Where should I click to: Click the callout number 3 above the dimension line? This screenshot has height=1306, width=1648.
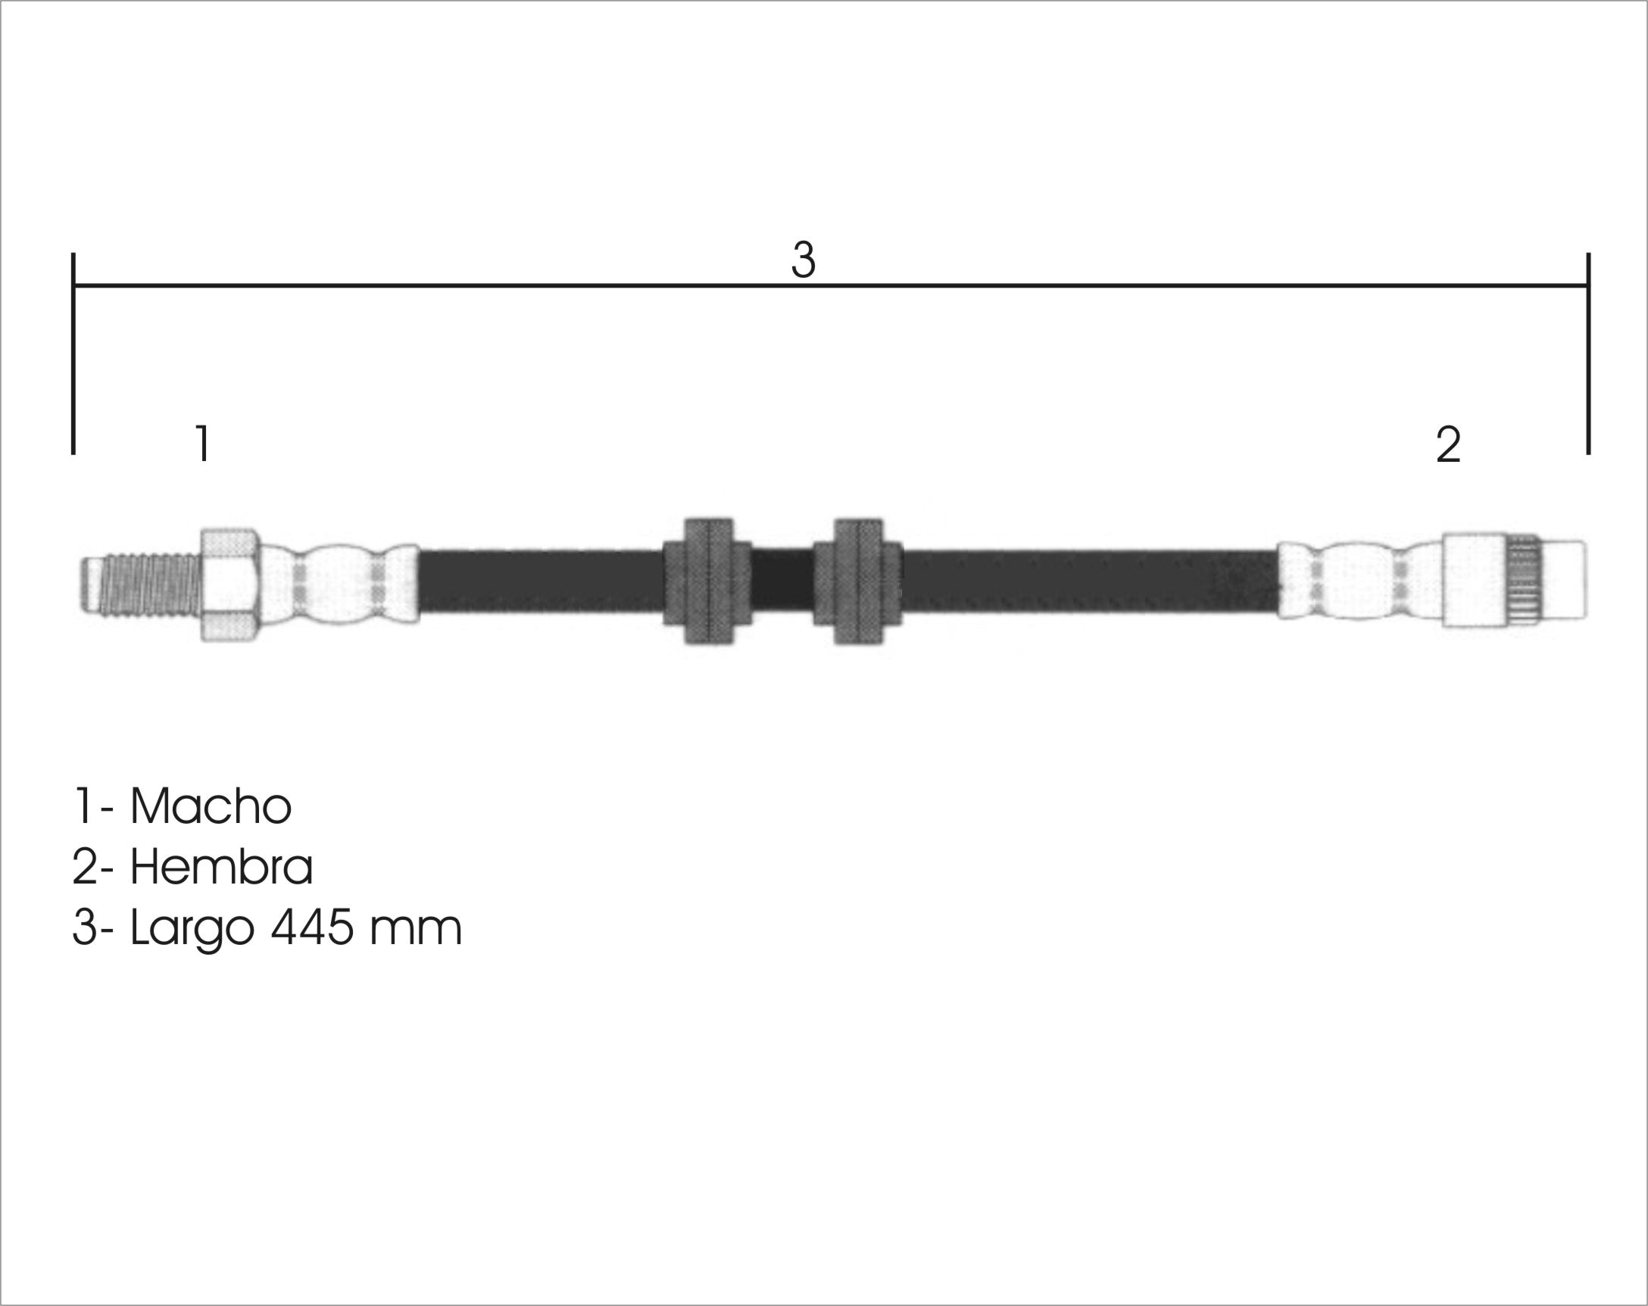click(x=804, y=260)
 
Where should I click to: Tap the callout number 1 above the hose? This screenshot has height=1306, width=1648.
click(x=202, y=443)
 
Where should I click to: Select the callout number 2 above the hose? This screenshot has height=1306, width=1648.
click(x=1449, y=444)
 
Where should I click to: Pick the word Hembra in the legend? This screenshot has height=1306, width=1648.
click(x=222, y=867)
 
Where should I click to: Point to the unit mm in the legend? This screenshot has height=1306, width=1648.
click(x=416, y=932)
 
